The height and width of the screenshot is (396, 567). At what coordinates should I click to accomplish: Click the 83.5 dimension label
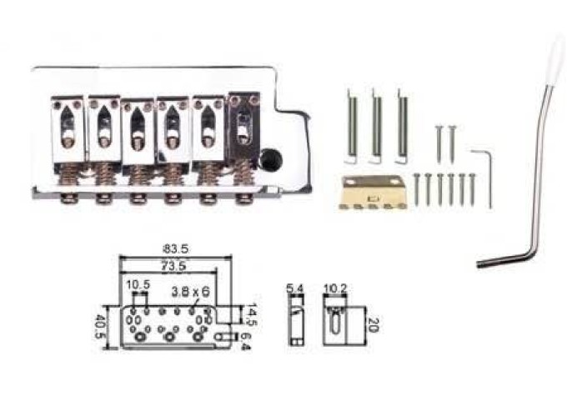tap(176, 249)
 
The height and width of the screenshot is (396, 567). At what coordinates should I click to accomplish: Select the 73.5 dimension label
tap(173, 266)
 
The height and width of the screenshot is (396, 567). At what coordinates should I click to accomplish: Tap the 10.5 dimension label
tap(138, 285)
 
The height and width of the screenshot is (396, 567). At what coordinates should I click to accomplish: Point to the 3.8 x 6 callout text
tap(190, 292)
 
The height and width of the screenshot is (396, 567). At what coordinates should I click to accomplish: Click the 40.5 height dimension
tap(98, 328)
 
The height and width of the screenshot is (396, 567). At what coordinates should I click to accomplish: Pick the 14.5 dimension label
tap(252, 314)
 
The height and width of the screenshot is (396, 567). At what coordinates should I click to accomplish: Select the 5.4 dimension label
tap(295, 288)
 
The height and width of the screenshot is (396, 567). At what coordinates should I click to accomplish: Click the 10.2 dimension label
tap(335, 288)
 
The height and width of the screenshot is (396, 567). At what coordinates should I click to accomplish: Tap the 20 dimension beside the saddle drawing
tap(374, 325)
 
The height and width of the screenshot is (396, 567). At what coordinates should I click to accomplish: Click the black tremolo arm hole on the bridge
tap(272, 158)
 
